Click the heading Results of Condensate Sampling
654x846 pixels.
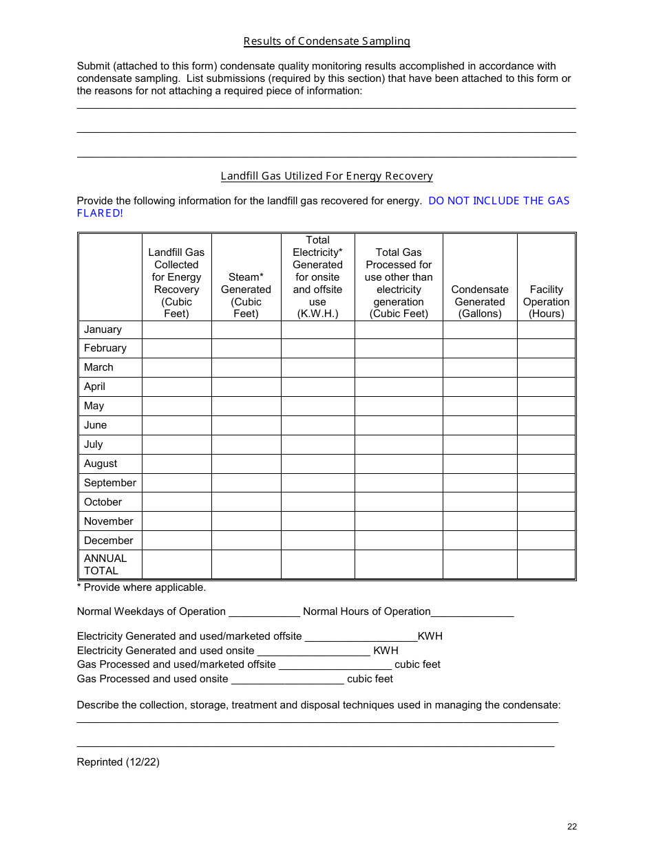click(326, 41)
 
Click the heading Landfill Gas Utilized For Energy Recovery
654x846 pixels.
click(326, 176)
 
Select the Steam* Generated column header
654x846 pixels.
click(246, 295)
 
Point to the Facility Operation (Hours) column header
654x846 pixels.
click(546, 301)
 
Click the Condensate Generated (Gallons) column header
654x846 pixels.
click(479, 301)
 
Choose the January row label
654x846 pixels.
click(103, 329)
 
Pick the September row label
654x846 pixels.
click(109, 483)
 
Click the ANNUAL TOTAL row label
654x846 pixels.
click(105, 565)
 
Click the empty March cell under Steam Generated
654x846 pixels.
click(246, 367)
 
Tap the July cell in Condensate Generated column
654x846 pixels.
click(479, 444)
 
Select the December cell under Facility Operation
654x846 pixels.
click(546, 541)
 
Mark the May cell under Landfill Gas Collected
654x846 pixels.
click(176, 406)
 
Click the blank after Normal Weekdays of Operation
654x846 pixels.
click(264, 612)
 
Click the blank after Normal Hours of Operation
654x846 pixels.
click(472, 612)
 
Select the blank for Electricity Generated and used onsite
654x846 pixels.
click(313, 651)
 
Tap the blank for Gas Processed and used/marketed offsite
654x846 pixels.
click(335, 665)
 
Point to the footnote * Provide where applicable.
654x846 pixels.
click(141, 587)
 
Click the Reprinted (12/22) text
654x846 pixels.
click(118, 762)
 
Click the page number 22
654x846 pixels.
click(572, 827)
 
